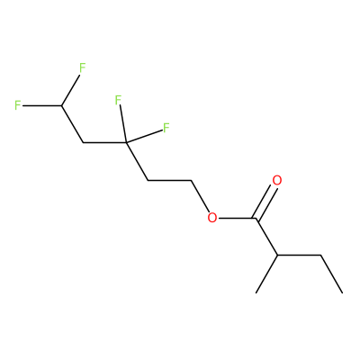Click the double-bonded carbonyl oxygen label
276,181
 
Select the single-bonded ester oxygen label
212,218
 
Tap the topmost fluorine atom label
82,68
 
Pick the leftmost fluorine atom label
18,105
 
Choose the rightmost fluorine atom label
166,128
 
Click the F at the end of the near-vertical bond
118,100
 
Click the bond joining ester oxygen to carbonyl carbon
237,218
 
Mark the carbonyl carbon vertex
256,218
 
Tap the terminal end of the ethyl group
342,292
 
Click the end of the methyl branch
256,292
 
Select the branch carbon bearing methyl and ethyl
277,256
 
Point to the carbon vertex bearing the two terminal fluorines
61,105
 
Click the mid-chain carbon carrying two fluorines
126,142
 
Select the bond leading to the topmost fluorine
70,90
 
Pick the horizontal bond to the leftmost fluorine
42,105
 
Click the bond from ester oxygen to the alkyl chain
200,196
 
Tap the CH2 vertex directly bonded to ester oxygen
191,181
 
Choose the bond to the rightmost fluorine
144,136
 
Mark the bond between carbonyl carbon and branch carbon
266,237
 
